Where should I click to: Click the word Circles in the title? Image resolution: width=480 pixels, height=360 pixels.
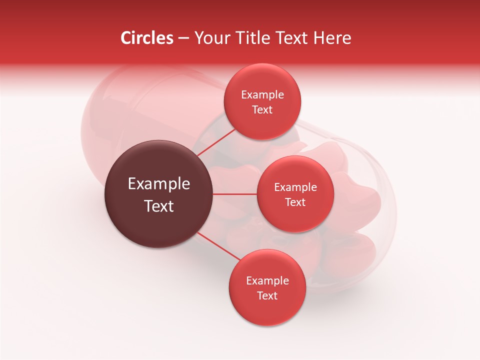coord(146,38)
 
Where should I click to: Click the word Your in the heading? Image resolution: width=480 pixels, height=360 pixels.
coord(211,38)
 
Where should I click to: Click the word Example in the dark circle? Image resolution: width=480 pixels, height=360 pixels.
coord(158,184)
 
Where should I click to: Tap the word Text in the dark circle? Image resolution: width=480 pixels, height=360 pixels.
coord(158,206)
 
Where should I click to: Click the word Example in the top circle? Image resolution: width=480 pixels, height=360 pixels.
coord(262,95)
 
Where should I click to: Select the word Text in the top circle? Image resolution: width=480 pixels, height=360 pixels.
coord(262,110)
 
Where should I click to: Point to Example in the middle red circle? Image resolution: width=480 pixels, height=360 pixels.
coord(295,187)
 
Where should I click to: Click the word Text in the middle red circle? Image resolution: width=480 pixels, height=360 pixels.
coord(295,202)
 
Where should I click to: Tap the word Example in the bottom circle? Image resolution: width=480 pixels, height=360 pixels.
coord(267,281)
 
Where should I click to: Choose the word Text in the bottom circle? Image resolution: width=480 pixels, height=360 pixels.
coord(267,296)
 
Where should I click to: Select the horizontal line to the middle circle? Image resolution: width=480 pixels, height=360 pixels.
coord(235,194)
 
